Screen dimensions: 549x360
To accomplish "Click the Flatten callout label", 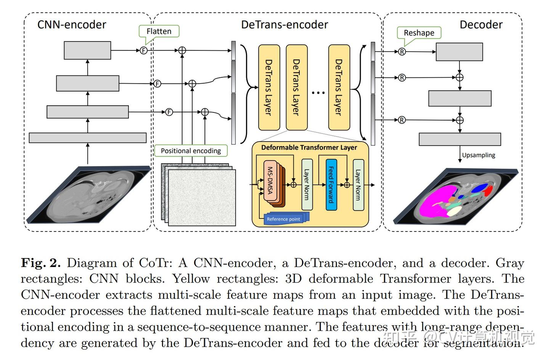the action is [159, 31].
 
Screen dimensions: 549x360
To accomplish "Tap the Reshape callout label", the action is [419, 33].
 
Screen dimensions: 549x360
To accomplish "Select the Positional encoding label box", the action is [191, 151].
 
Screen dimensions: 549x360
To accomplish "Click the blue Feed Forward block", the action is [331, 185].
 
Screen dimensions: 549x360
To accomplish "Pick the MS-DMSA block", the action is [270, 180].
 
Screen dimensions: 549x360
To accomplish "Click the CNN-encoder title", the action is [72, 25].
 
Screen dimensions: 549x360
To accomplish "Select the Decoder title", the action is [481, 25].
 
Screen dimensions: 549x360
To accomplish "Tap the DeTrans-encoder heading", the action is [284, 25].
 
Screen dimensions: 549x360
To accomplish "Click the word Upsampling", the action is [478, 155].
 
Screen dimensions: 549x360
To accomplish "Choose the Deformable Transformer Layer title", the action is [309, 147].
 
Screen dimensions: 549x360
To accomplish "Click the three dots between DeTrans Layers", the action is [318, 93].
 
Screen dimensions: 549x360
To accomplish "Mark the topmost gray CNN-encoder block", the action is [88, 50].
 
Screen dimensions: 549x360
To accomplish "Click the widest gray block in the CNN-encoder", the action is [88, 138].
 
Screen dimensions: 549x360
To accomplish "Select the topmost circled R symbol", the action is [402, 52].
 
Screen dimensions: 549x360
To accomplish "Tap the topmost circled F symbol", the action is [144, 50].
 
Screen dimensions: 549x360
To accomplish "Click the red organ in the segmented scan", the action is [488, 191].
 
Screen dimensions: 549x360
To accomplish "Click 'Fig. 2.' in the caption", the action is [41, 263].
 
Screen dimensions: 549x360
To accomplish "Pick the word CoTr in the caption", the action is [156, 263].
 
